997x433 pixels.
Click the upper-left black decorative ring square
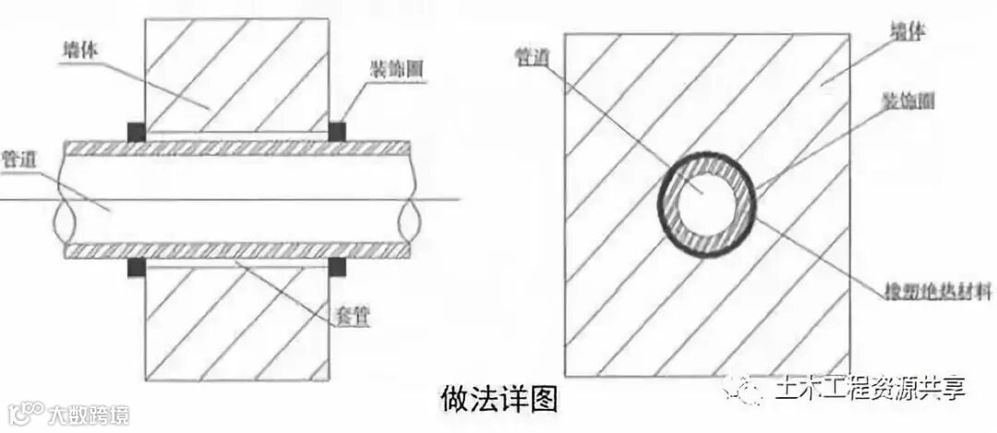pos(137,132)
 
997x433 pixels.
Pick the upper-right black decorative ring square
pos(337,132)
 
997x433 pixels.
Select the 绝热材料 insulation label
pos(935,293)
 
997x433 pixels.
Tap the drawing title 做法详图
pos(498,399)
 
